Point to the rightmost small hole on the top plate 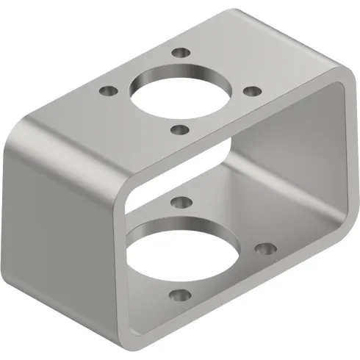(x=251, y=91)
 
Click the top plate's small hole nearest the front (x=179, y=130)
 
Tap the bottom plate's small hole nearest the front (x=179, y=297)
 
